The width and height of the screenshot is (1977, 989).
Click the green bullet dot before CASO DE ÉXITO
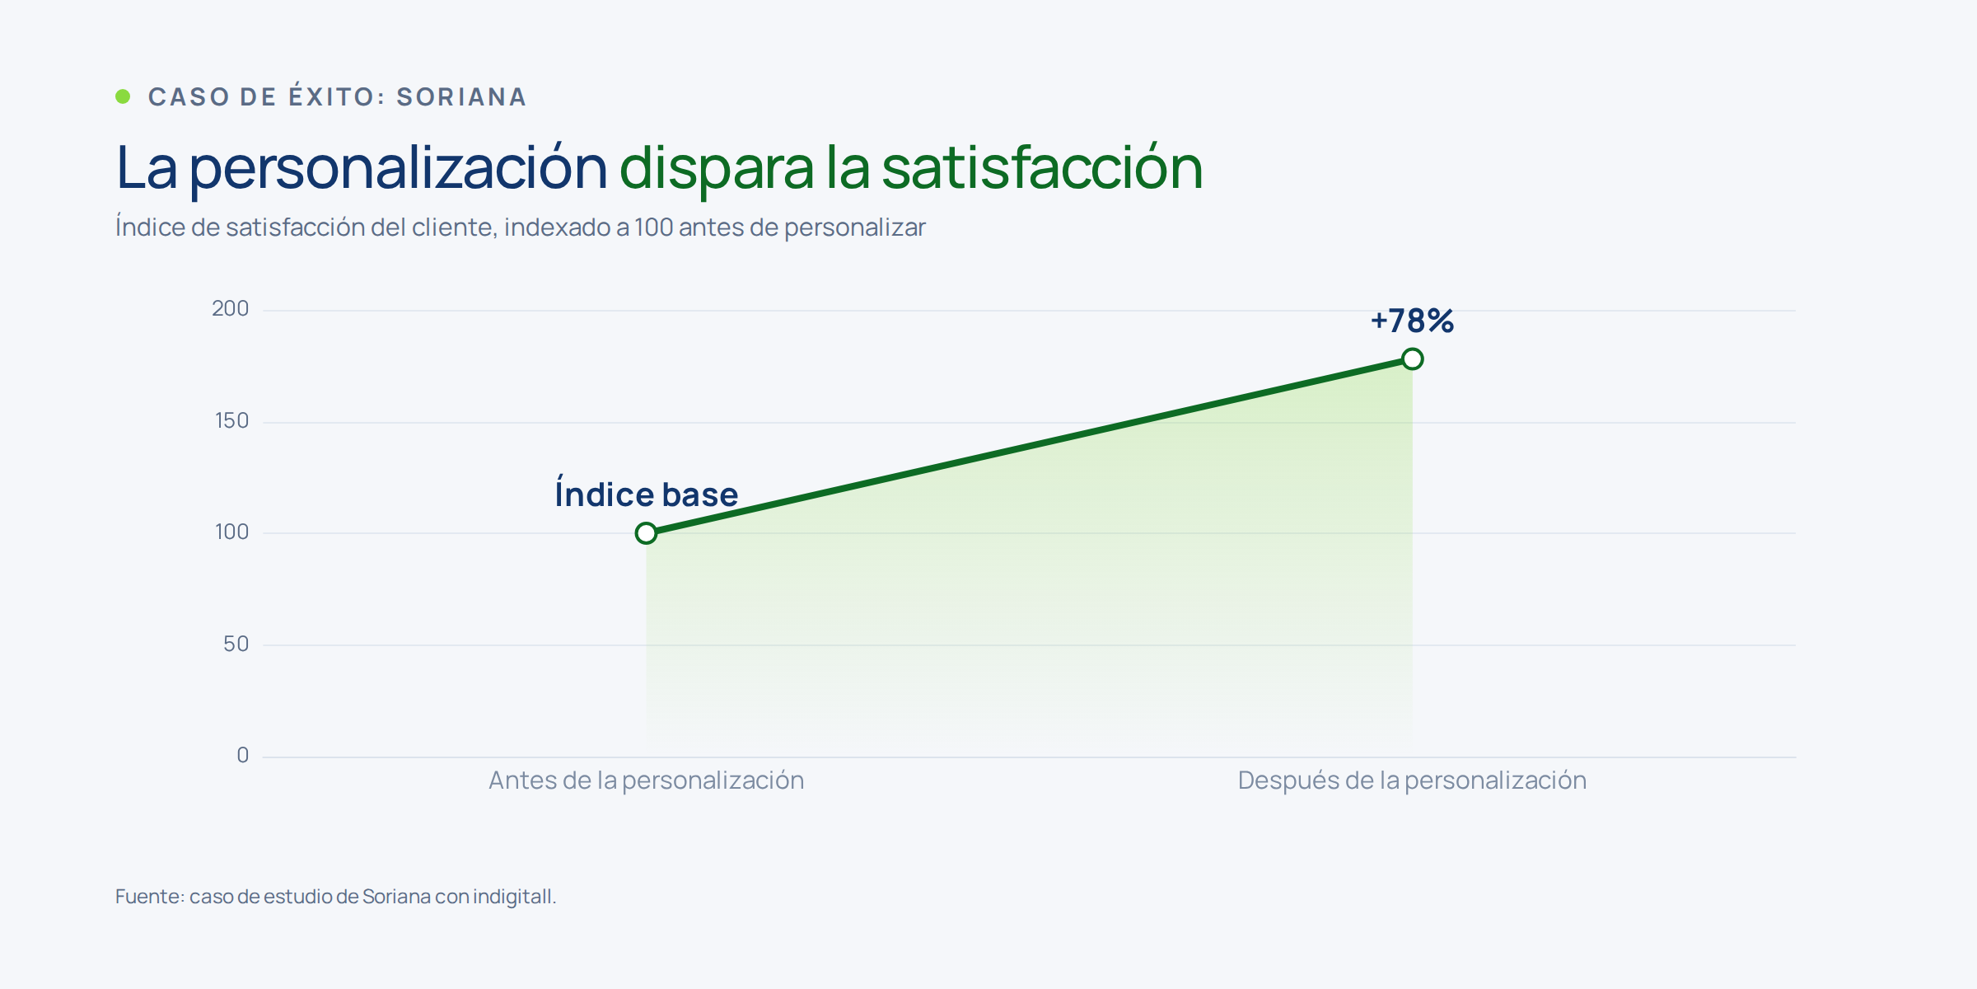[123, 96]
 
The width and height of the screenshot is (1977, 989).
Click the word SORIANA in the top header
[461, 97]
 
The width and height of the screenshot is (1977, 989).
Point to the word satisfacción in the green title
[1042, 168]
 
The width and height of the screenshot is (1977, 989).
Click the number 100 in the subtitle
[653, 227]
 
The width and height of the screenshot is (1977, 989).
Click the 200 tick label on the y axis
[230, 309]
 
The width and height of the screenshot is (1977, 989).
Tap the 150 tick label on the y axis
[231, 421]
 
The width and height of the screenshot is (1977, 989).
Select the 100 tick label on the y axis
[231, 532]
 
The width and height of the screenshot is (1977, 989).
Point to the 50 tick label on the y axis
[236, 644]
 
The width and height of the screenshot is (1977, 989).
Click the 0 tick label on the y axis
[242, 756]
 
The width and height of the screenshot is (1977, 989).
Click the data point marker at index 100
[647, 533]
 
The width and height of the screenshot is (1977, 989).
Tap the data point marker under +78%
[1413, 359]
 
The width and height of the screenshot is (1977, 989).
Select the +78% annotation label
[1412, 321]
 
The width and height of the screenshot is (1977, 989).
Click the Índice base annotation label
[647, 493]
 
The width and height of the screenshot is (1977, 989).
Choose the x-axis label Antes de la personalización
[647, 780]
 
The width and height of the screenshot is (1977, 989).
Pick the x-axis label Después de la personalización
[1412, 780]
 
